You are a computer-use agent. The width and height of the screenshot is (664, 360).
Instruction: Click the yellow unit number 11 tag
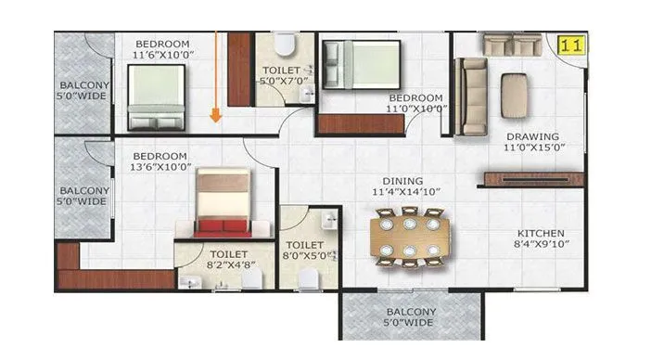[x=573, y=44]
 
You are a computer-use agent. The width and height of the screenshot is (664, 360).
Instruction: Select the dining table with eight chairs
[x=408, y=238]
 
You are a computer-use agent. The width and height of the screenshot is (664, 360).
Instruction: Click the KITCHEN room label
[x=541, y=233]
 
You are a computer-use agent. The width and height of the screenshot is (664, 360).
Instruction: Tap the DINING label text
[x=402, y=181]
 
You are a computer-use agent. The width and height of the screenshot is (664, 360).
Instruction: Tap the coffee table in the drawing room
[x=515, y=94]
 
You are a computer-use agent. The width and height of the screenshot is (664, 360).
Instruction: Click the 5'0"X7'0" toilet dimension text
[x=280, y=81]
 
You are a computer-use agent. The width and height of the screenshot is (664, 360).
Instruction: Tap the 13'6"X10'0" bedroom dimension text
[x=161, y=167]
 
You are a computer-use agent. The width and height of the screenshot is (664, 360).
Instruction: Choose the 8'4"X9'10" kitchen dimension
[x=541, y=244]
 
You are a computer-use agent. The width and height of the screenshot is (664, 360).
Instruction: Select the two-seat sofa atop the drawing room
[x=513, y=44]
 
